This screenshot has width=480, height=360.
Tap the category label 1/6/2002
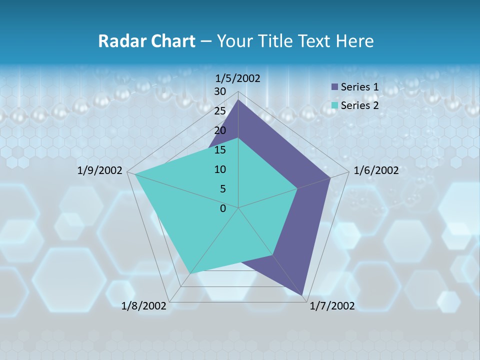pos(376,170)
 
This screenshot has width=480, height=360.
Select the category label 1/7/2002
pos(332,306)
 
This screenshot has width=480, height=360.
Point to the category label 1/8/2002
pos(144,306)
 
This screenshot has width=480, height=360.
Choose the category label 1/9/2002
pos(100,170)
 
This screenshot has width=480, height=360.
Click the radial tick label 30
pos(220,91)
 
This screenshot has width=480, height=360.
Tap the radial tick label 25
pos(220,111)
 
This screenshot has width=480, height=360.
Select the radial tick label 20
pos(220,130)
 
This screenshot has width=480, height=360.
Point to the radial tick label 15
pos(220,150)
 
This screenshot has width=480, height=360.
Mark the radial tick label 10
pos(220,169)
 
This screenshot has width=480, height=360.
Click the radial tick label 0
pos(223,208)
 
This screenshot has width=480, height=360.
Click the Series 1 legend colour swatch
pos(335,87)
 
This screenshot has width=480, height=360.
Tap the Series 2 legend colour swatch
pos(335,105)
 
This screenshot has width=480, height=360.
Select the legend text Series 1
pos(359,87)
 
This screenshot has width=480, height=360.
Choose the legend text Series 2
pos(359,105)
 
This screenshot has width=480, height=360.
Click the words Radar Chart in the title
pos(146,41)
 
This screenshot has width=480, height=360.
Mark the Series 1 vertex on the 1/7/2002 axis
pos(302,295)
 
